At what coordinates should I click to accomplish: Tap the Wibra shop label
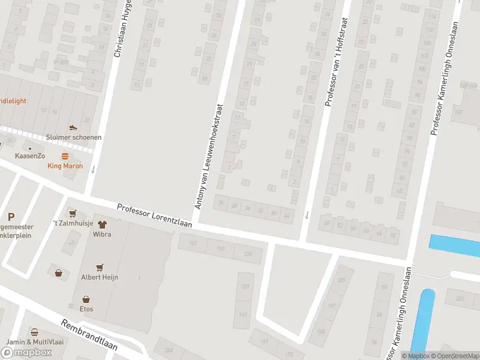(x=102, y=235)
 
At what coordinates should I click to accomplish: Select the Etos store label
(x=86, y=310)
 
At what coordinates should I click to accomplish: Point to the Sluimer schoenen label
(x=73, y=137)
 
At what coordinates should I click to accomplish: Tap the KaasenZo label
(x=30, y=156)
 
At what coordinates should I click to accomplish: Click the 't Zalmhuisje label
(x=73, y=224)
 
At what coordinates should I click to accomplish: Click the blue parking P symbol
(x=11, y=217)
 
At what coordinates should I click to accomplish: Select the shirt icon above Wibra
(x=102, y=224)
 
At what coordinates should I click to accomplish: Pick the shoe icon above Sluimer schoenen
(x=73, y=128)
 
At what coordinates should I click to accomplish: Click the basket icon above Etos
(x=86, y=299)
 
